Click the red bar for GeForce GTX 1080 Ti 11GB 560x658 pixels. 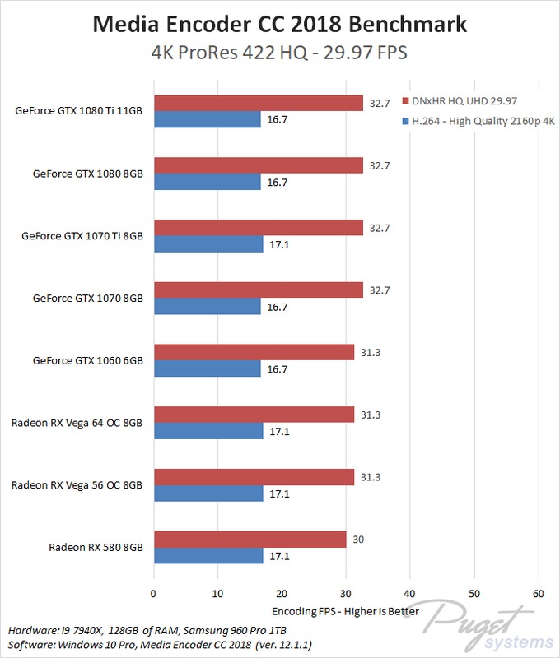[258, 103]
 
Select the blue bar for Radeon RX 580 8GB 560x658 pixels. [208, 555]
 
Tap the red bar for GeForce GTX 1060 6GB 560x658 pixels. [254, 352]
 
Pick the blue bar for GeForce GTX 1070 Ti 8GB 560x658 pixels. [208, 244]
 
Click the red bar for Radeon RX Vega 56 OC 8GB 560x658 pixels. [254, 477]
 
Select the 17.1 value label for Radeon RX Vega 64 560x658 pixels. [277, 431]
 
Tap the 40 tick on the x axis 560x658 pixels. [410, 593]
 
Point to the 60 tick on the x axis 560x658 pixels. [538, 593]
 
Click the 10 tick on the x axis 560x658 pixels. [217, 593]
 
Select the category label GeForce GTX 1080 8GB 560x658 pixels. [87, 174]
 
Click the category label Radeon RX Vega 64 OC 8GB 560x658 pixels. [77, 423]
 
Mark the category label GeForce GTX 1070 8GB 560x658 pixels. [87, 298]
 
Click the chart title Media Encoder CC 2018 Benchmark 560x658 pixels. [280, 25]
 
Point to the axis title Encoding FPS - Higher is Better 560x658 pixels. [345, 611]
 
